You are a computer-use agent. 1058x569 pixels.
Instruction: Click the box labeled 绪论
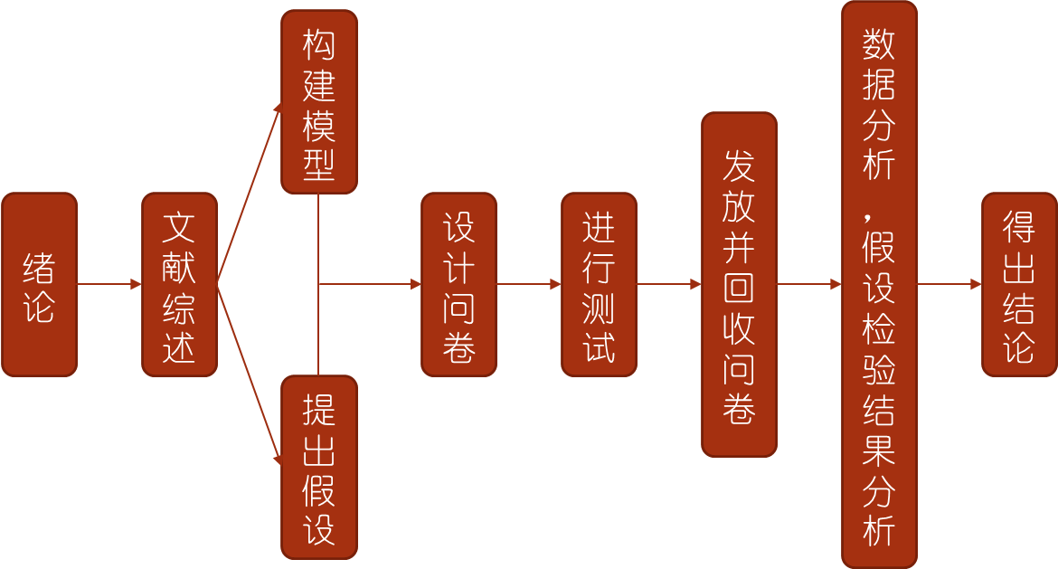(x=40, y=284)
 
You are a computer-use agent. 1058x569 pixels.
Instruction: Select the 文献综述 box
(x=179, y=284)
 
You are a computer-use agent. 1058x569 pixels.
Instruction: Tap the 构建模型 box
(x=319, y=102)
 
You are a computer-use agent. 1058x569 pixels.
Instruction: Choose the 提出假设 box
(x=319, y=467)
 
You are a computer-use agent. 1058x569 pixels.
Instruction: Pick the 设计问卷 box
(x=458, y=284)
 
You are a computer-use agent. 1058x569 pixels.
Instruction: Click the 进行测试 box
(x=600, y=284)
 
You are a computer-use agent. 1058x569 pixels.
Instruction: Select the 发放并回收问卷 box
(x=740, y=284)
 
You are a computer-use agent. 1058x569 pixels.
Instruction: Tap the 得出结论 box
(x=1019, y=284)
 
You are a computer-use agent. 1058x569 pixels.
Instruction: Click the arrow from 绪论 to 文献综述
(x=109, y=284)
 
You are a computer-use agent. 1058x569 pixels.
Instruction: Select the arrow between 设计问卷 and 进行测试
(x=529, y=284)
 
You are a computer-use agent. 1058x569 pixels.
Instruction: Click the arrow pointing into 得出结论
(x=949, y=284)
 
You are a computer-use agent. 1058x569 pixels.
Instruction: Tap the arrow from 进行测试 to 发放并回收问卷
(x=669, y=284)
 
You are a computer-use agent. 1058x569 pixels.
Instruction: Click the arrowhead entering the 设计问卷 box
(x=416, y=284)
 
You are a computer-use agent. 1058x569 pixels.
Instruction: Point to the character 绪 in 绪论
(x=39, y=267)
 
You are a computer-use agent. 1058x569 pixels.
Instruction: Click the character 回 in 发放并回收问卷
(x=739, y=289)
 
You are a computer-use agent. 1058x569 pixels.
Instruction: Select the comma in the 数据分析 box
(x=867, y=218)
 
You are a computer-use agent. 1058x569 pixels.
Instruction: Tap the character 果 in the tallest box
(x=879, y=450)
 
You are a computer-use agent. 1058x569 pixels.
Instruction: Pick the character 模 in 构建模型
(x=318, y=126)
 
